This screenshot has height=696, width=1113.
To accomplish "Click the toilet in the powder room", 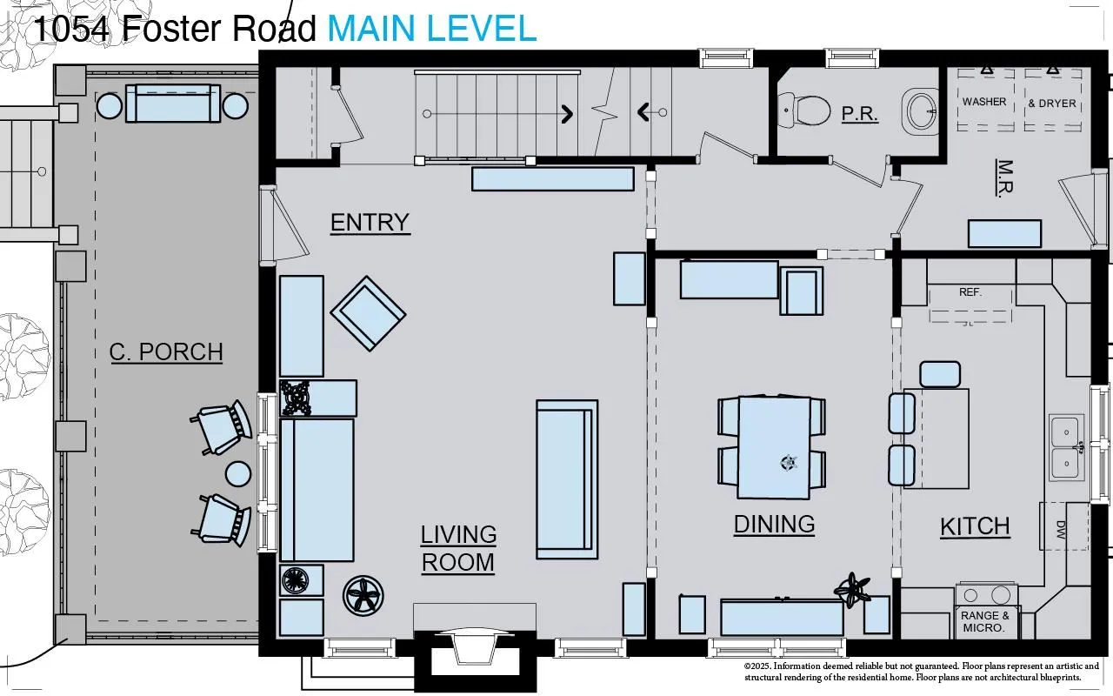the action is point(803,110).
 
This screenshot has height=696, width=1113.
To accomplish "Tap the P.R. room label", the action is point(860,114).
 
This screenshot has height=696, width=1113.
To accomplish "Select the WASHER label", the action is point(984,102).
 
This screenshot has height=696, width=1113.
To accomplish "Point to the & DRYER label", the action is point(1052,104).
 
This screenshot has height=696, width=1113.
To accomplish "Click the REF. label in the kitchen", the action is point(970,292).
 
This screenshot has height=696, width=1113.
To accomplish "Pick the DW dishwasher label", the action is point(1061,531).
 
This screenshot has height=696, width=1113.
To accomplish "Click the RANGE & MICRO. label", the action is point(985,621).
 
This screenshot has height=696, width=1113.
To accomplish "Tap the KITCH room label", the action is point(975,527).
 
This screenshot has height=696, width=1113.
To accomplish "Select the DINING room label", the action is point(774,525).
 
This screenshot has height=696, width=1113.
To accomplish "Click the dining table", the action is point(774,447).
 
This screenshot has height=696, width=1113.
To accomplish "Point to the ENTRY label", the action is point(370,222).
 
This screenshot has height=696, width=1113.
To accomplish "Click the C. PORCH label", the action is point(166,352).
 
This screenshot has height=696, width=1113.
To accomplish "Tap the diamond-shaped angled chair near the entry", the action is point(368,314).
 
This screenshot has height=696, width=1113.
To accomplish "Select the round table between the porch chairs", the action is point(238,474).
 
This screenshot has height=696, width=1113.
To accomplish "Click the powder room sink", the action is point(919,111).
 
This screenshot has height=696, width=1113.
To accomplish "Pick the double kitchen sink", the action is point(1066,447).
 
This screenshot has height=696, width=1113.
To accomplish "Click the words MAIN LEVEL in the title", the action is point(432,29).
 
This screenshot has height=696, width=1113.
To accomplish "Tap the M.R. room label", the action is point(1004,178).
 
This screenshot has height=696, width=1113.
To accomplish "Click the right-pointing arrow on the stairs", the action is point(567,114).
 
